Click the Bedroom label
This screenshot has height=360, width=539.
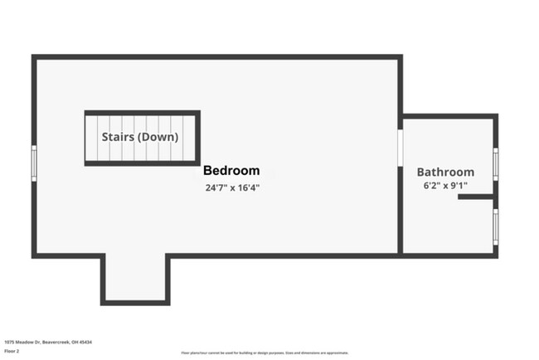tap(231, 170)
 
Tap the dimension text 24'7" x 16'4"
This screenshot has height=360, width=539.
tap(232, 188)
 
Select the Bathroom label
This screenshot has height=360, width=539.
tap(445, 172)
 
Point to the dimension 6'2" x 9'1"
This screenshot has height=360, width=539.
tap(446, 186)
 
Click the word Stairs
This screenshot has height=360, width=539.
tap(117, 137)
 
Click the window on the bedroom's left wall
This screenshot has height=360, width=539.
tap(34, 163)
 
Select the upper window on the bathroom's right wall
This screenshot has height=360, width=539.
tap(495, 163)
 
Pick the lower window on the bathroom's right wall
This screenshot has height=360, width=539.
tap(495, 226)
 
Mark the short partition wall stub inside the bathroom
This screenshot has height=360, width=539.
tap(475, 197)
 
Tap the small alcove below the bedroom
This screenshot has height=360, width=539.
tap(135, 278)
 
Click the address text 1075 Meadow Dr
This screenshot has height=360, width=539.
tap(36, 341)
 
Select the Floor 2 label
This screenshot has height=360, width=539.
tap(12, 351)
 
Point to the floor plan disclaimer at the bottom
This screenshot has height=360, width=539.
tap(269, 353)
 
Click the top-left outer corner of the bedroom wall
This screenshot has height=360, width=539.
tap(33, 56)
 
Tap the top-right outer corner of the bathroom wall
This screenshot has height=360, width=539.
tap(496, 115)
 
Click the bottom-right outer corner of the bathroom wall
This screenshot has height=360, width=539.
tap(496, 255)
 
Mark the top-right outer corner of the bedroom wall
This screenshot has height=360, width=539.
tap(401, 56)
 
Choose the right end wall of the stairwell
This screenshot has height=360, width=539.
tap(198, 138)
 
